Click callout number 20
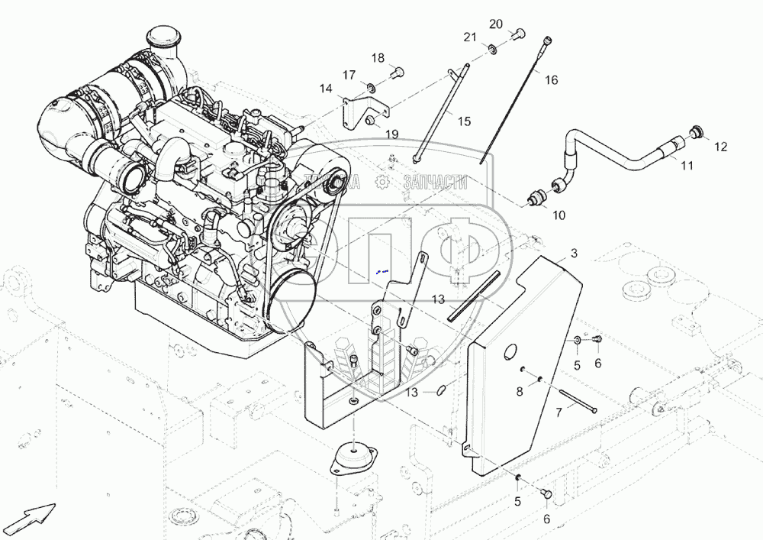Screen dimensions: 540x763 [x=496, y=24]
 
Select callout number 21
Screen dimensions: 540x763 [x=470, y=37]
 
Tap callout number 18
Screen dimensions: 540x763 [x=378, y=58]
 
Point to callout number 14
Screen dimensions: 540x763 [x=326, y=89]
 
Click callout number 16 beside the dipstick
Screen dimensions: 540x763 [x=551, y=79]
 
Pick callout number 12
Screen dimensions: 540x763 [x=720, y=146]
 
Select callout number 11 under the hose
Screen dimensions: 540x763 [x=687, y=166]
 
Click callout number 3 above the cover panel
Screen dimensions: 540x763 [x=574, y=252]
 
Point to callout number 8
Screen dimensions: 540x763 [x=519, y=391]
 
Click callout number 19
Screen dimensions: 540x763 [x=391, y=134]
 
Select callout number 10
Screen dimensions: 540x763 [x=559, y=215]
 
